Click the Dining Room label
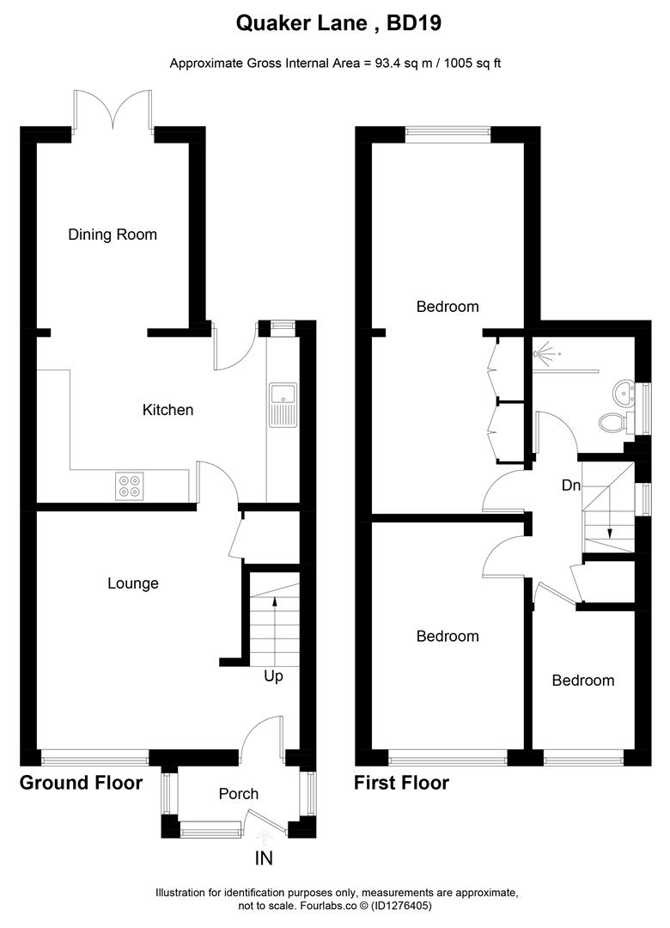(113, 235)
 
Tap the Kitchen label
(167, 410)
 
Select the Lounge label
(133, 583)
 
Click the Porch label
(238, 794)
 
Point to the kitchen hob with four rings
(130, 486)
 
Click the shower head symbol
(545, 353)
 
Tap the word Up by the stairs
(273, 676)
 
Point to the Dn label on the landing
(571, 485)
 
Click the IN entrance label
(265, 858)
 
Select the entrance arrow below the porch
(265, 833)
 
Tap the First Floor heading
(401, 783)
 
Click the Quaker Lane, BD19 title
(338, 24)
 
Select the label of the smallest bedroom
(583, 681)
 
